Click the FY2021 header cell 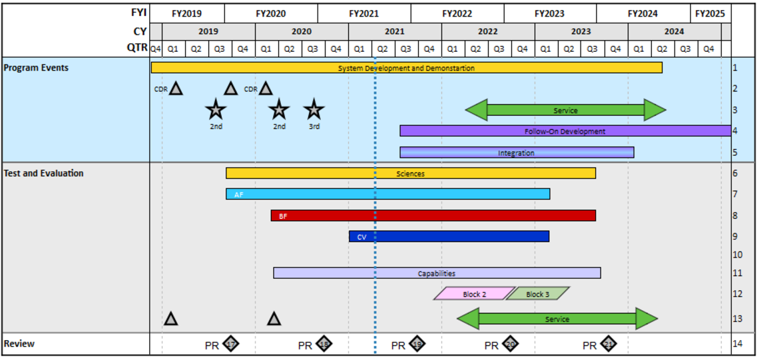click(x=364, y=13)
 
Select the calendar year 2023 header click(x=581, y=31)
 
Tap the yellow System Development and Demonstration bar click(x=406, y=68)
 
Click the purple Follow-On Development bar click(x=565, y=131)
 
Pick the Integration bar click(x=516, y=152)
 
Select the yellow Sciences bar click(x=410, y=173)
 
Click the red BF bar click(x=433, y=216)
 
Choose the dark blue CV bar click(x=449, y=236)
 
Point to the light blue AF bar click(x=387, y=194)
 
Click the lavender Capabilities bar click(x=437, y=273)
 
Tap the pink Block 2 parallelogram click(x=474, y=293)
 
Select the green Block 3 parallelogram click(x=537, y=293)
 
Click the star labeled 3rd click(x=314, y=109)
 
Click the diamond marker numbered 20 click(x=510, y=344)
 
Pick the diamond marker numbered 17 click(x=230, y=344)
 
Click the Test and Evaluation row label click(x=44, y=173)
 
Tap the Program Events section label click(x=36, y=68)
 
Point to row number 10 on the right click(x=737, y=254)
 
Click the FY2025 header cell click(x=710, y=13)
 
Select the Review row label click(x=19, y=344)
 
